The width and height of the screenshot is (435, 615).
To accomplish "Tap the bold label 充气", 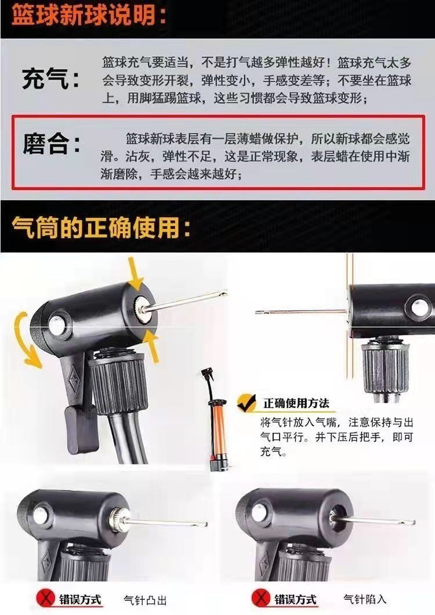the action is pos(51,78).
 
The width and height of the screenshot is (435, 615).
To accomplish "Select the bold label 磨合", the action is pos(52,144).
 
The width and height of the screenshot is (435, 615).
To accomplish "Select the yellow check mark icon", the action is pos(246,403).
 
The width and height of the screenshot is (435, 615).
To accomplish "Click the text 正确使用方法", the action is pos(296,403).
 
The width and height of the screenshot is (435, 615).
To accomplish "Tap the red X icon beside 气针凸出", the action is pos(46,599).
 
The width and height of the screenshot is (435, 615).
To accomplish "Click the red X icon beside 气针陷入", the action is pos(260,599).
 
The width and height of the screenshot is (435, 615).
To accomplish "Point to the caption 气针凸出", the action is pos(145,600).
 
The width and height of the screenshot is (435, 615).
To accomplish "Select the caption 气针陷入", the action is pos(365,599).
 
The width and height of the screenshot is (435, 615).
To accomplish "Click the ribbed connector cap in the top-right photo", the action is pos(385,367).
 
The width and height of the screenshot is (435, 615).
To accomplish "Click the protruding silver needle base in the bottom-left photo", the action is pos(118,520).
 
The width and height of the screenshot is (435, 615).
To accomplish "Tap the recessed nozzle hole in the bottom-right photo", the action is pos(337,517).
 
